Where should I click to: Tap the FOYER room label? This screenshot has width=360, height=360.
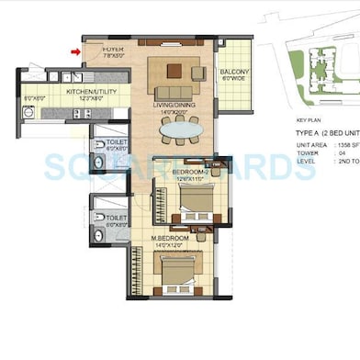pos(113,48)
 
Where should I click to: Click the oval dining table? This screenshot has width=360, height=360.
pos(179,130)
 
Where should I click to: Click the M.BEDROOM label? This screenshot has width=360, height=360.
pos(171,238)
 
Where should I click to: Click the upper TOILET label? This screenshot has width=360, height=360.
pos(117,142)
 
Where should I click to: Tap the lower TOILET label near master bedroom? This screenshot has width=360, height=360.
pos(117,219)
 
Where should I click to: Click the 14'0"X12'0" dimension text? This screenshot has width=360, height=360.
pos(171,245)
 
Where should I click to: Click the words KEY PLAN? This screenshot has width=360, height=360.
pos(309,119)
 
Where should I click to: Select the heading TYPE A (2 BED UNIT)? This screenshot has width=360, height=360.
pos(322,132)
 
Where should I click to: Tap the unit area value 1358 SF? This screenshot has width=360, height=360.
pos(348,145)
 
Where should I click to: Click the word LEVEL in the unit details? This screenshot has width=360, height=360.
pos(307,160)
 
